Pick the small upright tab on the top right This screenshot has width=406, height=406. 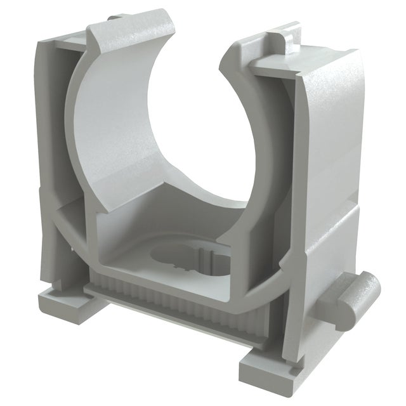(285, 39)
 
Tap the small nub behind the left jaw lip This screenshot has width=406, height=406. (113, 20)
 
